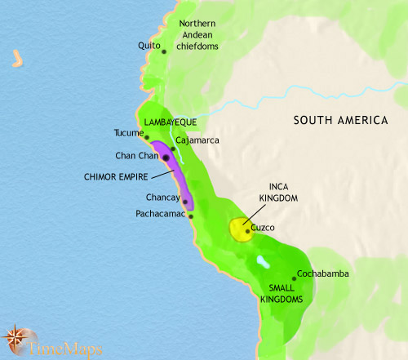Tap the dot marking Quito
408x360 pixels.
tap(164, 51)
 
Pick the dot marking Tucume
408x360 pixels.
tap(147, 136)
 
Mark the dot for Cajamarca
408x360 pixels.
tap(173, 149)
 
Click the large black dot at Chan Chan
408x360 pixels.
tap(166, 157)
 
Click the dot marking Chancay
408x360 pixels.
tap(185, 202)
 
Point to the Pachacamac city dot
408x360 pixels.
tap(190, 216)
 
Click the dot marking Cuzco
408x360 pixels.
tap(247, 231)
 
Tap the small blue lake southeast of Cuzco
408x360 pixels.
tap(260, 262)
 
